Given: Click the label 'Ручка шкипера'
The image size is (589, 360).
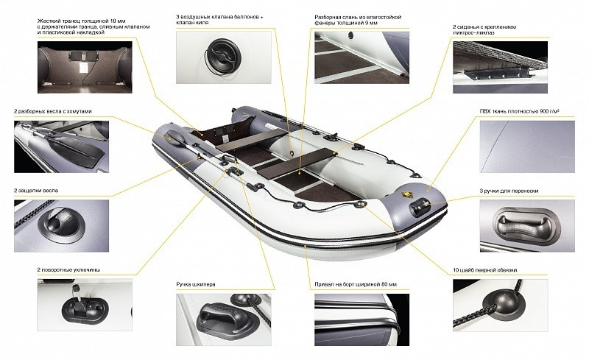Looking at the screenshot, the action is coord(196,284).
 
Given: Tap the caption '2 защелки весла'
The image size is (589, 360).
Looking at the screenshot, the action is coord(36,191).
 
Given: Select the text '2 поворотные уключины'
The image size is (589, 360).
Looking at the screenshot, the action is coord(68,269).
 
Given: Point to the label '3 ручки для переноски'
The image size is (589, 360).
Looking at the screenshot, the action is coord(509,191).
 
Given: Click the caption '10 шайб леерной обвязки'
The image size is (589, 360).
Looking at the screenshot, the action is coord(485,270).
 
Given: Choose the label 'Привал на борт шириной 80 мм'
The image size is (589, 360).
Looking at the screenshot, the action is coord(356,284).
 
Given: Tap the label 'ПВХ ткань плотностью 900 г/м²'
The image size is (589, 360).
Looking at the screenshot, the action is coord(520,111).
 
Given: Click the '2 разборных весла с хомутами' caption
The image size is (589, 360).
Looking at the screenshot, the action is coord(53,111).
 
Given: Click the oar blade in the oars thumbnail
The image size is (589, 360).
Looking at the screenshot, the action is coord(80,148).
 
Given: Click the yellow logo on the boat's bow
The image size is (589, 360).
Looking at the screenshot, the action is coord(406,195).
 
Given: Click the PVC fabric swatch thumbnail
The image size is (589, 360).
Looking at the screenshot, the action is coord(527,147).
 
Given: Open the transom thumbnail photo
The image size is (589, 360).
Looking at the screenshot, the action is coord(85,67).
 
